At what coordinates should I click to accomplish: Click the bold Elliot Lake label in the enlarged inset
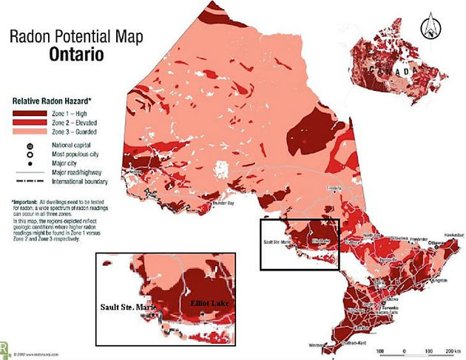(208, 303)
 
